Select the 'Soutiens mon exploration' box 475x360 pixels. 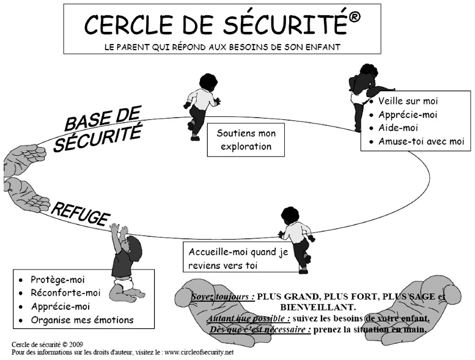(x=246, y=140)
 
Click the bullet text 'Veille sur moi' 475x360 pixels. (x=408, y=101)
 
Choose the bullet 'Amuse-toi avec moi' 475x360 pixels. (x=421, y=142)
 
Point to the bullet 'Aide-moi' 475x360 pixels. (x=397, y=128)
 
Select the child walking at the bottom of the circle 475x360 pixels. (x=296, y=238)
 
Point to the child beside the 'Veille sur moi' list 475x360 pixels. (x=364, y=92)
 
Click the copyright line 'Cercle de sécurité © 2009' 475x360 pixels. (x=48, y=344)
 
